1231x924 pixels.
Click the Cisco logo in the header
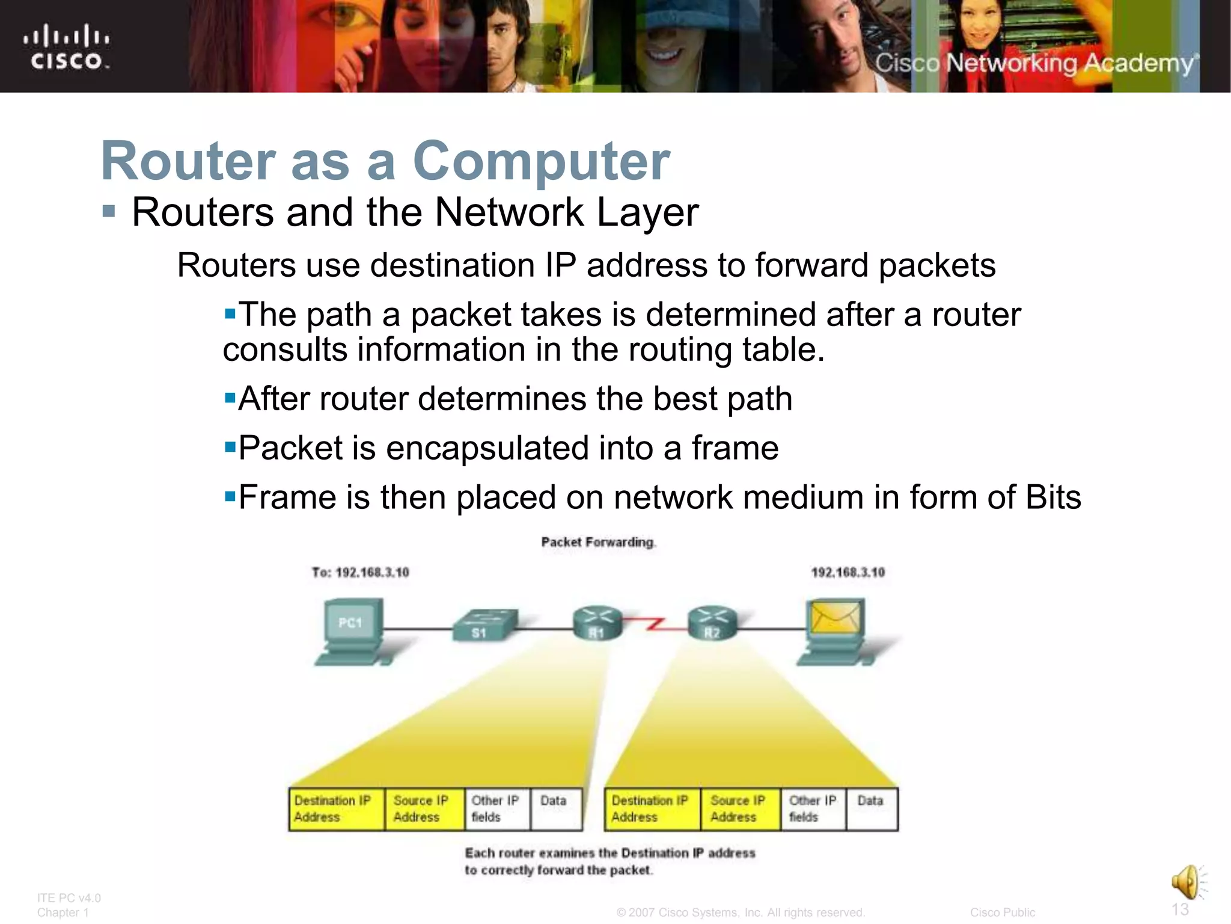point(66,47)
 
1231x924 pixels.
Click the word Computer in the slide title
point(541,161)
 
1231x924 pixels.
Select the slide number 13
point(1180,909)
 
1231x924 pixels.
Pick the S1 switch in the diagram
point(484,626)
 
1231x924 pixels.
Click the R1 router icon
point(597,623)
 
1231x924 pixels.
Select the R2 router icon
point(712,623)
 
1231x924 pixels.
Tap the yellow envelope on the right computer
point(835,618)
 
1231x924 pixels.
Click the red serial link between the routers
point(655,624)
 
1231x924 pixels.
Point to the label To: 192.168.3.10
point(360,572)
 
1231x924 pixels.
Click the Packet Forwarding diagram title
point(597,542)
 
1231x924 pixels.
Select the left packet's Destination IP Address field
point(335,809)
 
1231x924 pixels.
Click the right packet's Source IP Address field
point(739,809)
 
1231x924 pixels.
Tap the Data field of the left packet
point(555,809)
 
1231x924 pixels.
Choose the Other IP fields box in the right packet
point(813,809)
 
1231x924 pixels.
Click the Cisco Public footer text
point(1002,913)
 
